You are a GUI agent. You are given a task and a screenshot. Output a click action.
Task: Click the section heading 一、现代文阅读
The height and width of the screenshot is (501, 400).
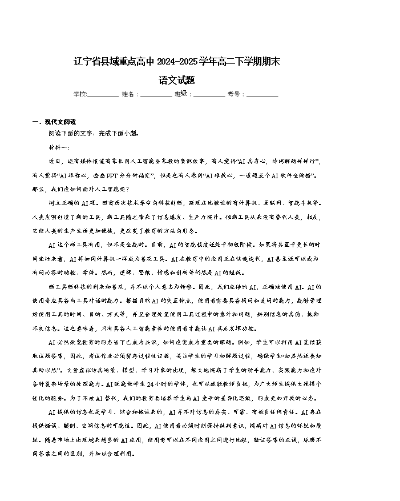pyautogui.click(x=54, y=122)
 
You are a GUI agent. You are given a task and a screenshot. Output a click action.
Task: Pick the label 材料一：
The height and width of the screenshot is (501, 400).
pyautogui.click(x=59, y=147)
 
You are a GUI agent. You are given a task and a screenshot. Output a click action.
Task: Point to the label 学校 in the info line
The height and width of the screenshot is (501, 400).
pyautogui.click(x=79, y=94)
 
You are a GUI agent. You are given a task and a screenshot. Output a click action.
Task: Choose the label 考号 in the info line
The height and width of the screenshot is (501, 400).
pyautogui.click(x=234, y=94)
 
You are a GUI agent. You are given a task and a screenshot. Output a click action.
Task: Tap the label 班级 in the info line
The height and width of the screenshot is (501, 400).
pyautogui.click(x=181, y=94)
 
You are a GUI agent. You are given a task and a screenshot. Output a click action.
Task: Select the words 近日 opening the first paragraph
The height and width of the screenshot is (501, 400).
pyautogui.click(x=55, y=161)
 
